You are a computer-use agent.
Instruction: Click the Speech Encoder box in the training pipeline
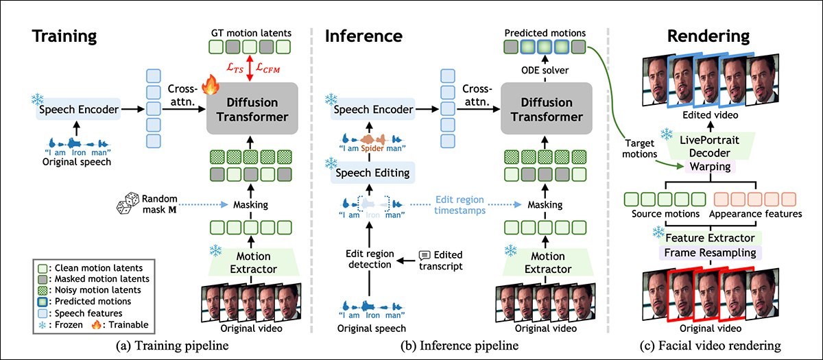[x=78, y=108]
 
